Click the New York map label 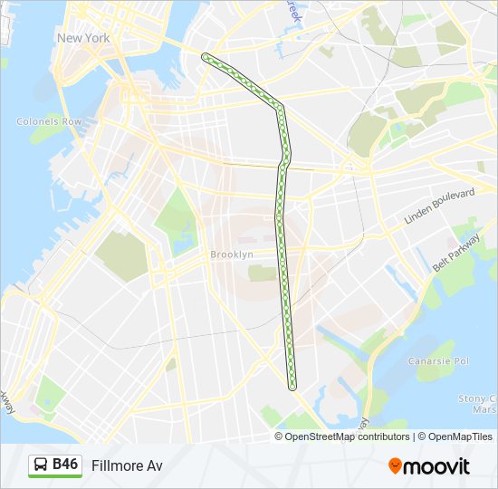(x=83, y=38)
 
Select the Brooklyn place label (x=232, y=254)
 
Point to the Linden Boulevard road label (x=441, y=207)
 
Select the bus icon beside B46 (x=42, y=465)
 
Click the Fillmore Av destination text (x=127, y=465)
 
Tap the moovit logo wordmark (x=436, y=466)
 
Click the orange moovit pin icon (x=396, y=466)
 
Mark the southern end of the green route (x=292, y=387)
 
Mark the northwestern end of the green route (x=206, y=57)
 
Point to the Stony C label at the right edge (x=478, y=398)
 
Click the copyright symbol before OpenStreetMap (x=280, y=436)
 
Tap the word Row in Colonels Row (x=72, y=121)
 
